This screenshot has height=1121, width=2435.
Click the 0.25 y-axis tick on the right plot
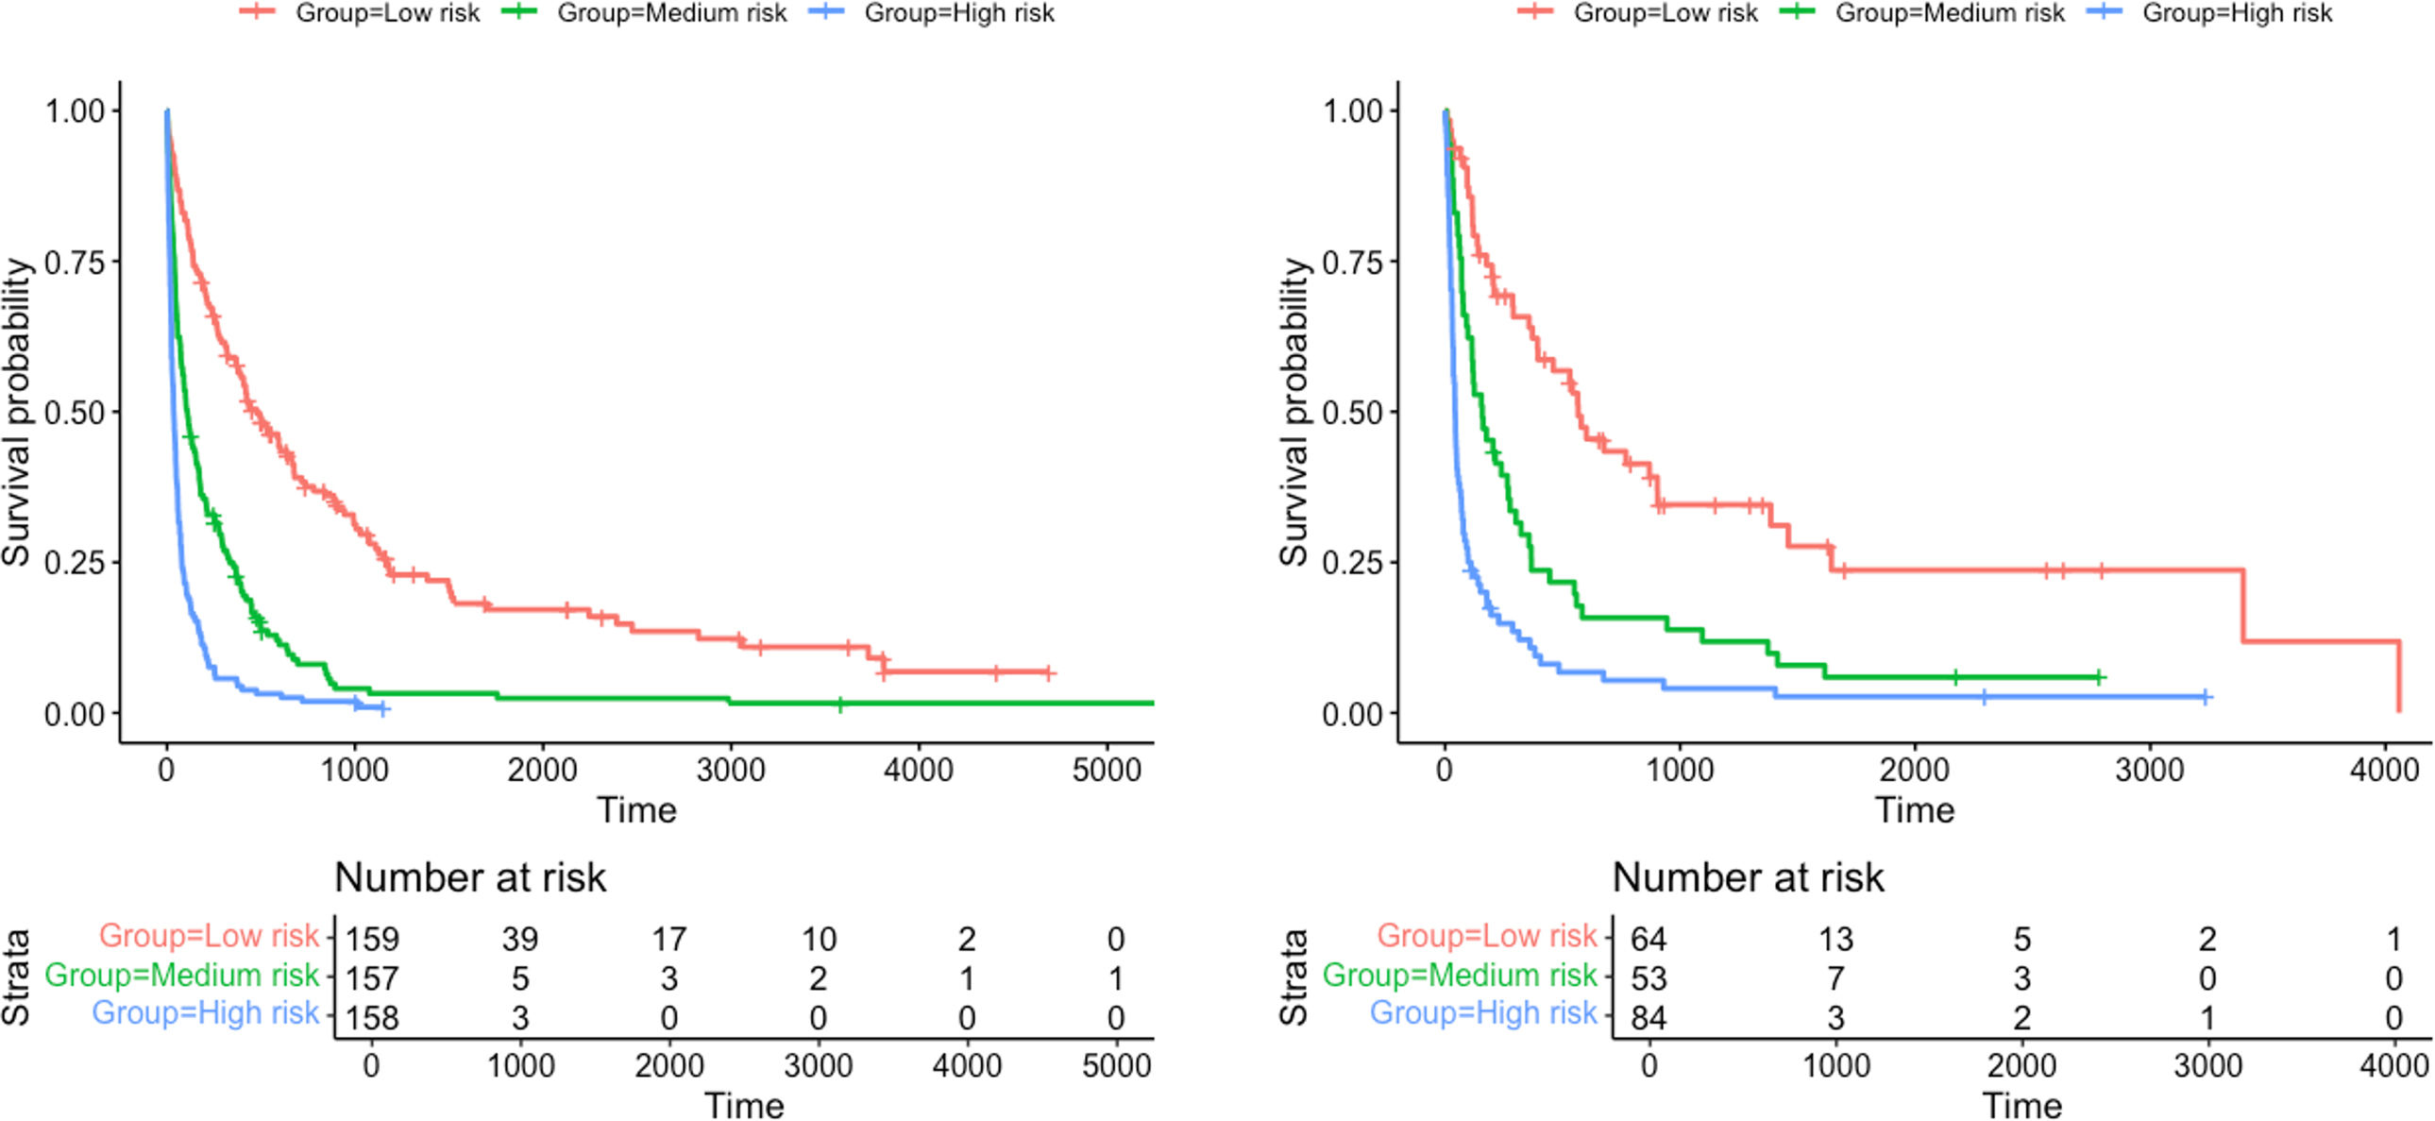click(x=1353, y=564)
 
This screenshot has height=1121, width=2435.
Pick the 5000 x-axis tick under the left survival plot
click(x=1107, y=771)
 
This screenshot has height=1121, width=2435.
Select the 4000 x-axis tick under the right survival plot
click(x=2384, y=771)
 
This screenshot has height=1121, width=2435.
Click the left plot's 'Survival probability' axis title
click(x=17, y=412)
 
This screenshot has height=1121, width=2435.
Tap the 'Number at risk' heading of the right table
click(x=1748, y=877)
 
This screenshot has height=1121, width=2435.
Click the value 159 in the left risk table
click(x=371, y=939)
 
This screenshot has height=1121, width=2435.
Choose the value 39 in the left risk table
click(x=520, y=939)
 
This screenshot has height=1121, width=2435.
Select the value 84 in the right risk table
click(x=1649, y=1018)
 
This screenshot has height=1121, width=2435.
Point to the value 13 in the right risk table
click(x=1835, y=939)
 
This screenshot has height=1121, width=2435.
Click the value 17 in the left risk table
click(x=669, y=939)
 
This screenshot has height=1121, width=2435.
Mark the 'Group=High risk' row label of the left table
click(x=205, y=1012)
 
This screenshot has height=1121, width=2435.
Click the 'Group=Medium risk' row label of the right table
click(x=1459, y=975)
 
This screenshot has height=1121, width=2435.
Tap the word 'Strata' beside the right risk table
click(x=1294, y=977)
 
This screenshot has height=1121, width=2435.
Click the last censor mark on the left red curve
click(x=1047, y=673)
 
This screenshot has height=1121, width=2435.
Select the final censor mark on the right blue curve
click(x=2206, y=698)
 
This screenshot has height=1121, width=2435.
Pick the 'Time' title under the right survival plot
click(x=1914, y=810)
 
